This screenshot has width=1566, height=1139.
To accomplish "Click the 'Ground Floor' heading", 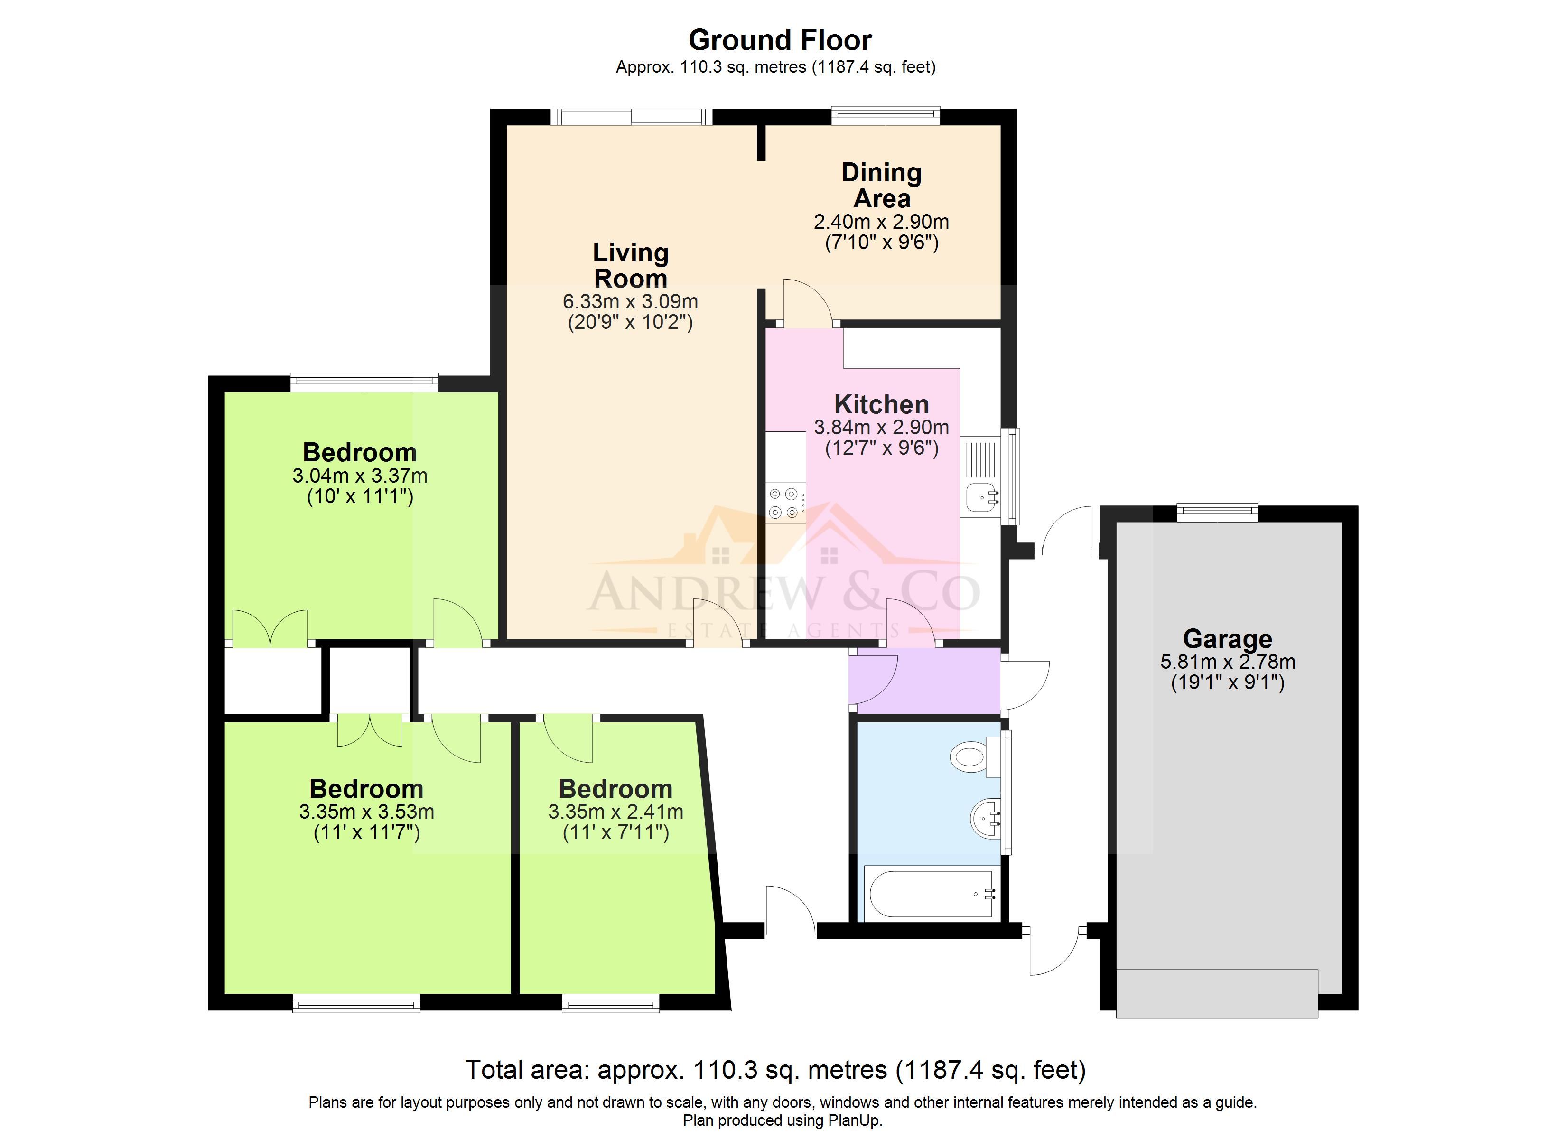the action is pos(780,40).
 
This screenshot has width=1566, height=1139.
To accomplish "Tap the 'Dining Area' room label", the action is pos(882,185).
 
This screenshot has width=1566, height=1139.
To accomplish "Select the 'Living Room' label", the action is pos(630,265).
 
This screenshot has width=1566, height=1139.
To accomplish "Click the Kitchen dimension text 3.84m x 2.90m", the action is pos(882,428).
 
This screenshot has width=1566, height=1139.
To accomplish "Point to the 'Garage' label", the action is pos(1227,639).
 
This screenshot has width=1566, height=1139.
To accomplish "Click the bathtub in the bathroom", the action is pos(932,894).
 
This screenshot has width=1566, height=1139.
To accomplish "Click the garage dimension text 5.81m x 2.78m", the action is pos(1227,662).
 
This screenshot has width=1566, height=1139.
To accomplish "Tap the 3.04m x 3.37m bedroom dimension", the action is pos(360,476).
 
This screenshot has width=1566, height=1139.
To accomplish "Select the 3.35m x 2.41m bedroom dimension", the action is pos(615,812).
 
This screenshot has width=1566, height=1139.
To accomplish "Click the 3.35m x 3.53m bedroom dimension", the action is pos(366,812).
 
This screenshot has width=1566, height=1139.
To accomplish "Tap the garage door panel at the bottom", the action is pos(1217,993).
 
